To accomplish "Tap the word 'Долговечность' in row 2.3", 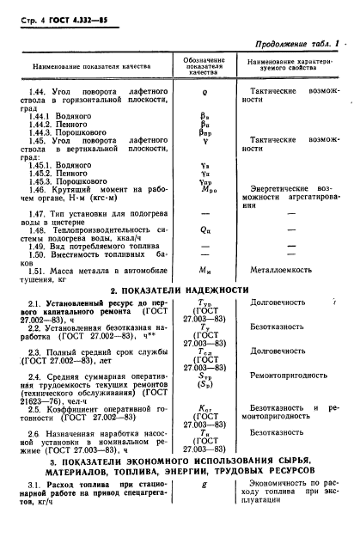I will coord(277,351).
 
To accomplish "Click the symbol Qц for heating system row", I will coord(204,230).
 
